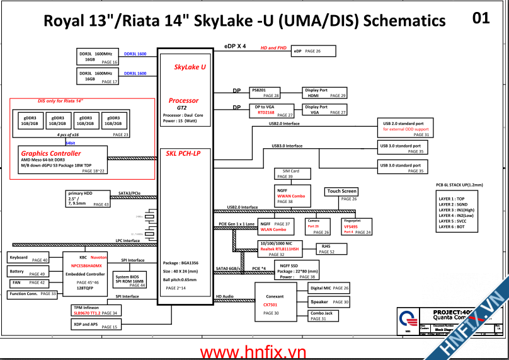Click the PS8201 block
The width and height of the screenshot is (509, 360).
coord(265,93)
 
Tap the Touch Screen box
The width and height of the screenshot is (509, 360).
coord(342,194)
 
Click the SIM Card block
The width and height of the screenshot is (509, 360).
coord(290,174)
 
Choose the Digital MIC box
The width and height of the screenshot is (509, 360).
coord(329,288)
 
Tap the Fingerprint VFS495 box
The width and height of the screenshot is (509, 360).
coord(357,227)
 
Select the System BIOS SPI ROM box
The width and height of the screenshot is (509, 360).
coord(130,280)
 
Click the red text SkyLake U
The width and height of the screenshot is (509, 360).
coord(190,67)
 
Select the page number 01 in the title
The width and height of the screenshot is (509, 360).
coord(481,18)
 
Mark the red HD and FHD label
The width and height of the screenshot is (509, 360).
coord(273,48)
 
